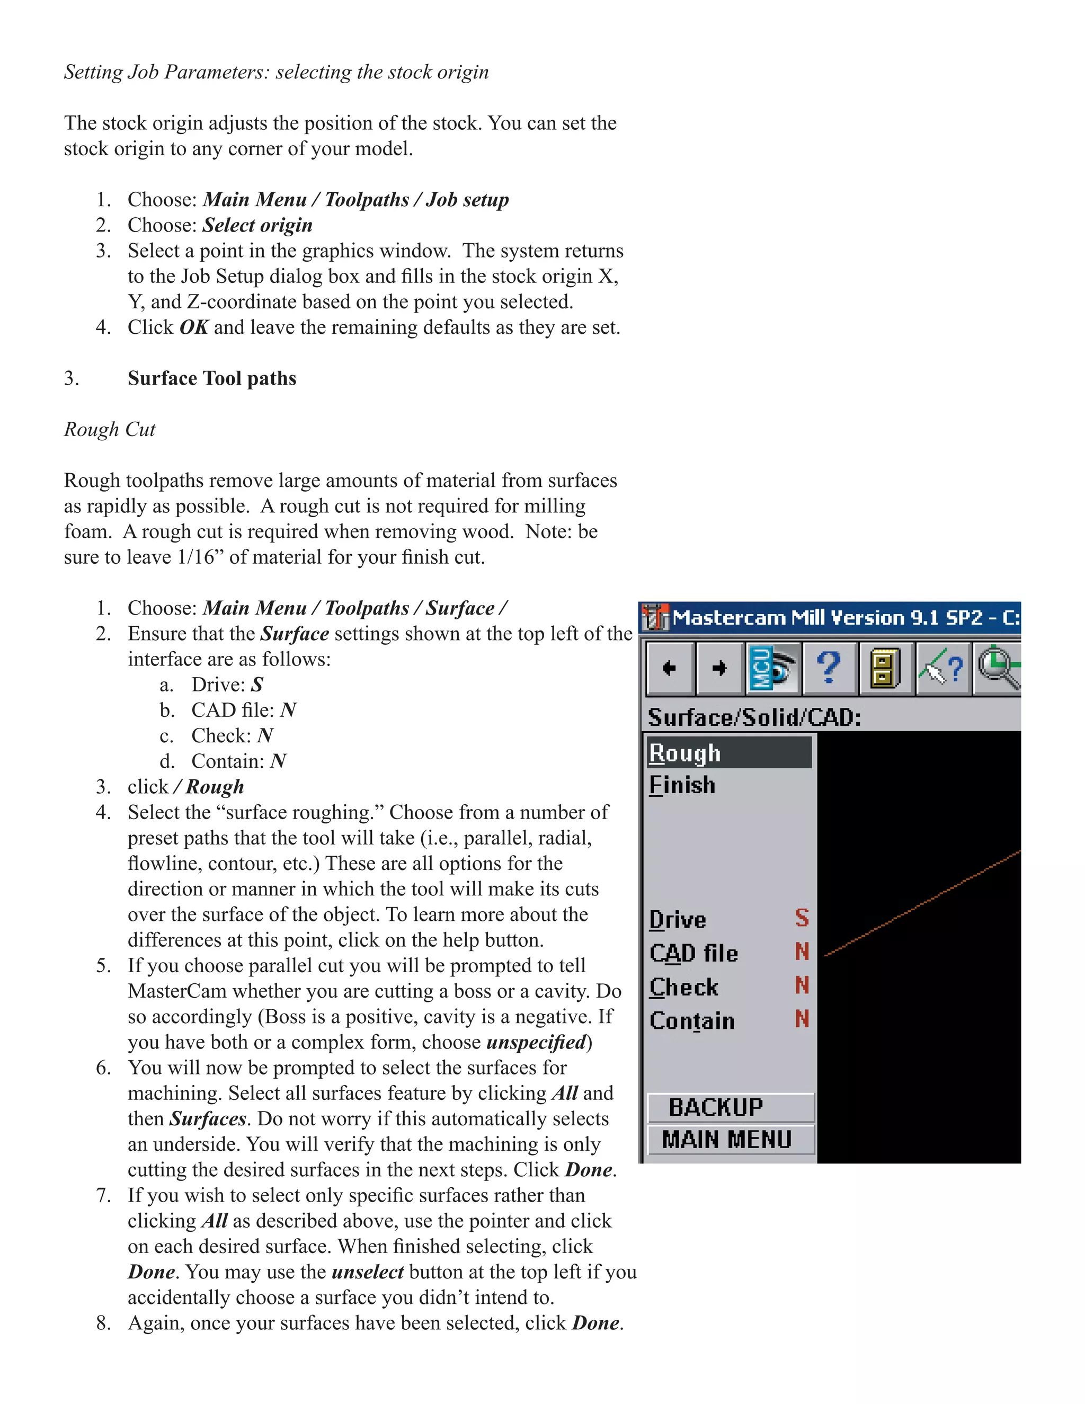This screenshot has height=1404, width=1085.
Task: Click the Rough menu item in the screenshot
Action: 684,753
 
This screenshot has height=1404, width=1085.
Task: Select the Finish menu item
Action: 682,785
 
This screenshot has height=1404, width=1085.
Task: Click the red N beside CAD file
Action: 802,952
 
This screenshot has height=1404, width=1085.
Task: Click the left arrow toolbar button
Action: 669,668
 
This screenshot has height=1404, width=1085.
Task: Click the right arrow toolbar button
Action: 719,668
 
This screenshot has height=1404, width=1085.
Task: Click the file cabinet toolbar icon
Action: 884,668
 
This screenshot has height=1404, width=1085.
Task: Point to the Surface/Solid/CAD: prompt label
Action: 754,717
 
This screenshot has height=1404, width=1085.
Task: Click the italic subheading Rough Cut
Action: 110,430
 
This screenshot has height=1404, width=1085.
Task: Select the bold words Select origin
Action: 257,225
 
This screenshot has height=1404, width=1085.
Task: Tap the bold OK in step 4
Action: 193,327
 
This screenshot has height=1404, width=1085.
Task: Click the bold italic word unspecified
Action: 536,1042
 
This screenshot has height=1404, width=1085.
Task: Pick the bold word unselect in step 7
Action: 368,1271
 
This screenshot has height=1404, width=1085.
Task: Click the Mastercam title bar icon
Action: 655,617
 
